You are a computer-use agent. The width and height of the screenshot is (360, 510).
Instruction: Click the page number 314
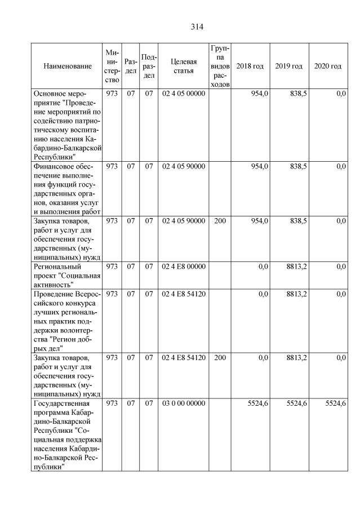[x=196, y=26]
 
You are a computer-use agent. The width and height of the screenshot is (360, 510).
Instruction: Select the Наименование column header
[x=67, y=66]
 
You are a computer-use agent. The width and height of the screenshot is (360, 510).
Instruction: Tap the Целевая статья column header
[x=183, y=66]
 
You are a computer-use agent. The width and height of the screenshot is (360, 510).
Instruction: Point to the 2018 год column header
[x=250, y=66]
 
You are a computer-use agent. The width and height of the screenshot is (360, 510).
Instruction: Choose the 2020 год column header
[x=327, y=66]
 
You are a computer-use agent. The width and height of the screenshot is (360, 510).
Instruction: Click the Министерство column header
[x=111, y=66]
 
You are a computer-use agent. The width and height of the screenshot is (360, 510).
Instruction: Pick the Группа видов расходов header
[x=220, y=66]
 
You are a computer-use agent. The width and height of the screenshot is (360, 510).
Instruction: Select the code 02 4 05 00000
[x=183, y=94]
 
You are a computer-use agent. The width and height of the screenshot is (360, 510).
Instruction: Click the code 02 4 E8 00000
[x=183, y=267]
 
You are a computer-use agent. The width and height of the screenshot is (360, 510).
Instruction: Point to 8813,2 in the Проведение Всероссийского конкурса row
[x=296, y=294]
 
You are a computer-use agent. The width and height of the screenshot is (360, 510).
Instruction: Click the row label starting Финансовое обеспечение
[x=66, y=189]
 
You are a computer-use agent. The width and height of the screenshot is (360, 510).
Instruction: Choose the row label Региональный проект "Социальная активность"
[x=66, y=276]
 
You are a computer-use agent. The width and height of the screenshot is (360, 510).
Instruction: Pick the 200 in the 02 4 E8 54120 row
[x=220, y=357]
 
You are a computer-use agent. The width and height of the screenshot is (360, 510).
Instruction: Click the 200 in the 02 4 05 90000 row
[x=220, y=221]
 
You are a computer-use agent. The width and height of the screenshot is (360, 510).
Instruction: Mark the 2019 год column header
[x=289, y=66]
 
